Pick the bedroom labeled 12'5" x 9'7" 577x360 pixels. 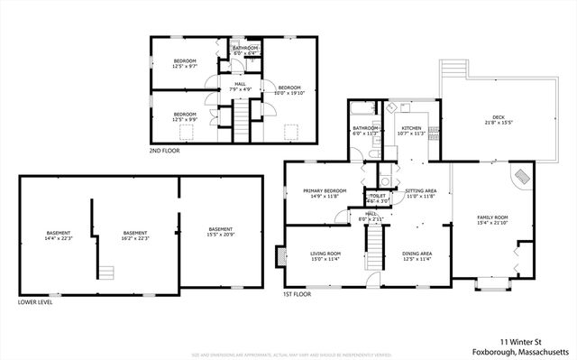[x=185, y=63]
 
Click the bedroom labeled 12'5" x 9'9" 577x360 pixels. [x=185, y=116]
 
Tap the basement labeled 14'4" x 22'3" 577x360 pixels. [x=59, y=235]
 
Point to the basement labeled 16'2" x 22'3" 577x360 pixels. [x=135, y=235]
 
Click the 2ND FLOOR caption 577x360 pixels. [x=164, y=151]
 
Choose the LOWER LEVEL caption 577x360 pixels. [x=35, y=302]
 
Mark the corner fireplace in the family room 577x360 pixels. [x=522, y=177]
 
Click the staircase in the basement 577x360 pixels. [x=106, y=272]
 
